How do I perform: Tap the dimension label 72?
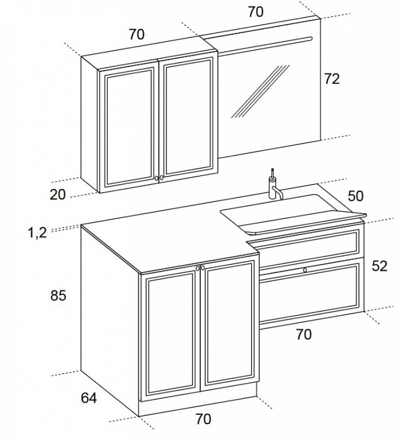(332, 79)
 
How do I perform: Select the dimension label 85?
(58, 295)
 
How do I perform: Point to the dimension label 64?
(89, 398)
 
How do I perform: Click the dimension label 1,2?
(37, 233)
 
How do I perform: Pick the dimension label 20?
(58, 195)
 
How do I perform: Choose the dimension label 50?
(355, 196)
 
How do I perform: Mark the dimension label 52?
(380, 266)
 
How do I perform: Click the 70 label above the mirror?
(256, 12)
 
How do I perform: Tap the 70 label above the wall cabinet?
(136, 34)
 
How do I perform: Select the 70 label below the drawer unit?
(304, 334)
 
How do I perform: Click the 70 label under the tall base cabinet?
(203, 419)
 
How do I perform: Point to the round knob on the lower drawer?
(305, 270)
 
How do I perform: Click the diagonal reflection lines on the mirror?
(260, 91)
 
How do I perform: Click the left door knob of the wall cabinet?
(156, 178)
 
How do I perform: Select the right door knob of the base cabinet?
(202, 268)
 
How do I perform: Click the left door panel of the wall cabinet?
(129, 127)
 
